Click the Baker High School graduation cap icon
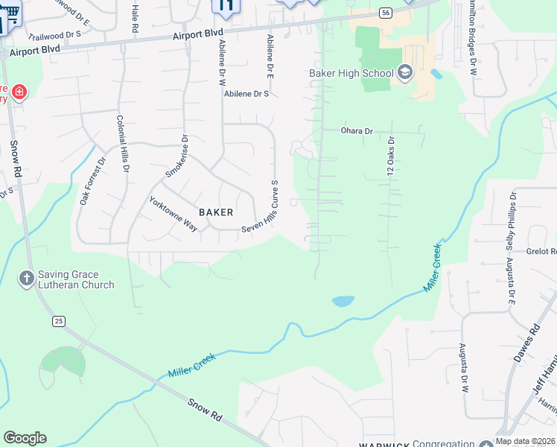pyautogui.click(x=405, y=72)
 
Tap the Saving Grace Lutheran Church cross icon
pyautogui.click(x=25, y=279)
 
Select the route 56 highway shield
pyautogui.click(x=384, y=13)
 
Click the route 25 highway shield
pyautogui.click(x=58, y=320)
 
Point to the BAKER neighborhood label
pyautogui.click(x=216, y=212)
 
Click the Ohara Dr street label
pyautogui.click(x=357, y=131)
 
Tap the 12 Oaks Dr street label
pyautogui.click(x=390, y=156)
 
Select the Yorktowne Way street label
pyautogui.click(x=174, y=214)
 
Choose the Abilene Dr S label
pyautogui.click(x=246, y=95)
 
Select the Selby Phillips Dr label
pyautogui.click(x=512, y=220)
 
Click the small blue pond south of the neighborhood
pyautogui.click(x=343, y=301)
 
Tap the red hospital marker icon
pyautogui.click(x=19, y=93)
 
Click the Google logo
pyautogui.click(x=25, y=438)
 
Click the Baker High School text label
pyautogui.click(x=351, y=73)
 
